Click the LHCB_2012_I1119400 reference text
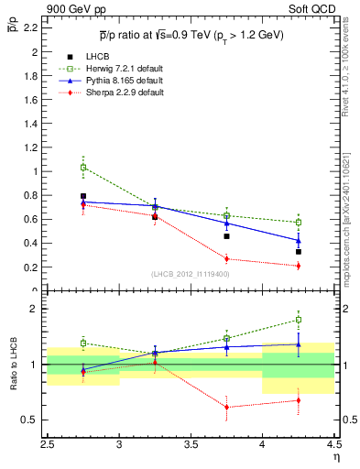[x=191, y=274]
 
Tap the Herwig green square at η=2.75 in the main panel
[x=83, y=168]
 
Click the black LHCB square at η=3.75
[x=226, y=236]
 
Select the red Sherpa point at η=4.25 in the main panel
[x=298, y=266]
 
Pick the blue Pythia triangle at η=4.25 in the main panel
[x=298, y=241]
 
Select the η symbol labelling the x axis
[x=336, y=458]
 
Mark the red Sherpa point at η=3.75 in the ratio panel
[x=226, y=407]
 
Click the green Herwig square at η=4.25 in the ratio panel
[x=298, y=320]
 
